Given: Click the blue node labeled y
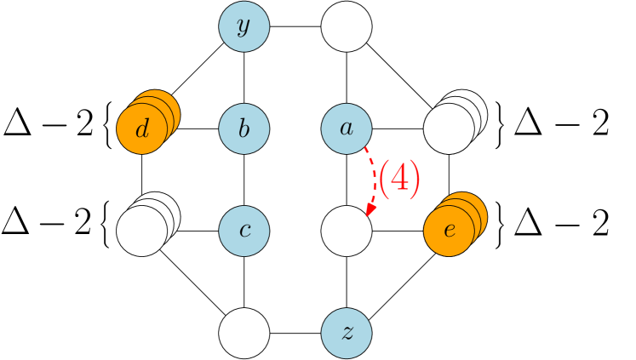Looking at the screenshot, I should pos(244,26).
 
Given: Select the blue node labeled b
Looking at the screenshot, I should pos(244,129).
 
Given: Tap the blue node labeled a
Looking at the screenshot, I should pos(347,129).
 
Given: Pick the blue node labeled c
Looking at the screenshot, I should pos(244,231).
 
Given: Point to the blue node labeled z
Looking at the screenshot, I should pos(347,333).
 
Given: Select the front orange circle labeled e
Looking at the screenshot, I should pos(448,231).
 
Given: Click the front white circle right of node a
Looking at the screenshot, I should pos(448,129).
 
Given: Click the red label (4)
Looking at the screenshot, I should pos(398,180).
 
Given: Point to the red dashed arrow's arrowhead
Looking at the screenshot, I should pos(370,210).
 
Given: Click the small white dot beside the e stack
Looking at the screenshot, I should pos(486,202).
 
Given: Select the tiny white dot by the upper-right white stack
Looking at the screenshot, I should pos(486,101).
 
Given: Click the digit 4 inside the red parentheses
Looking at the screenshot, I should pos(398,180).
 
